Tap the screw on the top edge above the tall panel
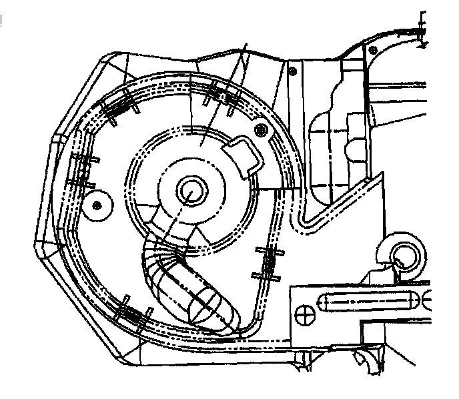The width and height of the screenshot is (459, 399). point(293,69)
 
